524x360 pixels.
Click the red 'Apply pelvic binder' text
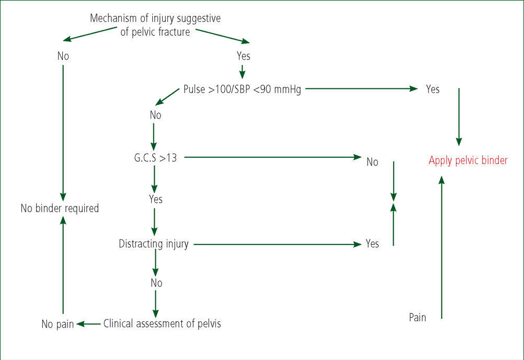pos(468,160)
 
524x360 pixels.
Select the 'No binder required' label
pos(60,208)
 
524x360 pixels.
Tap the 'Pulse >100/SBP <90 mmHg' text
pos(242,89)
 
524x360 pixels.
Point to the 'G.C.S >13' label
pos(155,158)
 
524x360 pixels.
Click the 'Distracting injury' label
pos(154,244)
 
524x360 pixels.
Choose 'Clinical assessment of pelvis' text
pos(162,323)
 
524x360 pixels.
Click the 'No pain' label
pos(58,324)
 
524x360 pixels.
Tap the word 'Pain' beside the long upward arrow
pos(417,317)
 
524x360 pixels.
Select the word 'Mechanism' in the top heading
pos(113,18)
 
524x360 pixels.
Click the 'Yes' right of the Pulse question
pos(433,89)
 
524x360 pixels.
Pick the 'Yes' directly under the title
pos(243,56)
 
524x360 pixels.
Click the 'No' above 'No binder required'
pos(63,56)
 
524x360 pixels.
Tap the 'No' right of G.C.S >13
pos(372,162)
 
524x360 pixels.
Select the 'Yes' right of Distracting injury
pos(372,243)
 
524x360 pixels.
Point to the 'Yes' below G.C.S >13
pos(156,199)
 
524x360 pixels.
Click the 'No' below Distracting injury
pos(156,283)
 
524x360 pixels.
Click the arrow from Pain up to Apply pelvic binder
pos(441,248)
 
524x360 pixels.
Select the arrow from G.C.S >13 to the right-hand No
pos(273,157)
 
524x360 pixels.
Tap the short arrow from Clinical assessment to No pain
pos(88,323)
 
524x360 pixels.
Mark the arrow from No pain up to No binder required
pos(63,265)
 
